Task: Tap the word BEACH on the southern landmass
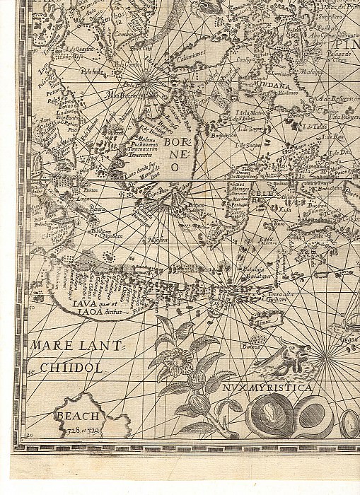[79, 417]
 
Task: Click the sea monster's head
[293, 351]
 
